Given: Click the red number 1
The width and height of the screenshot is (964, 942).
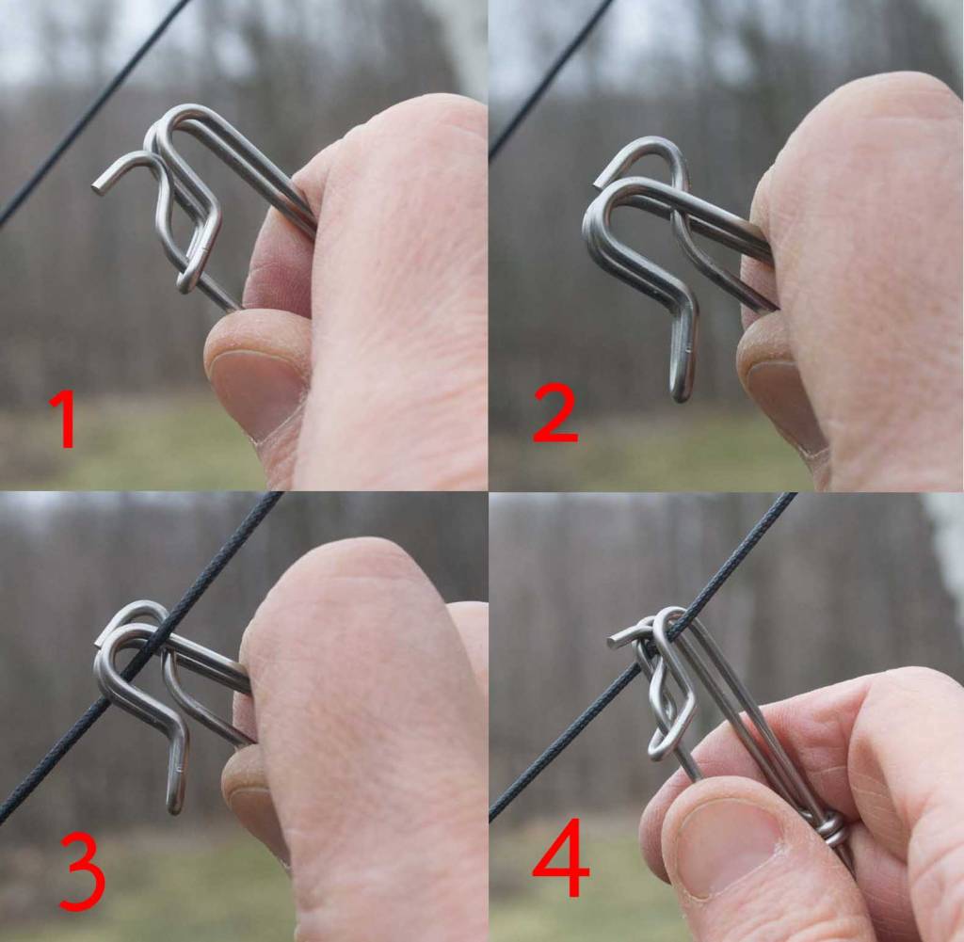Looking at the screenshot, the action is [x=65, y=421].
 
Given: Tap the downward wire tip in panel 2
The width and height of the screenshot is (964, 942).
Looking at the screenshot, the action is [x=681, y=393].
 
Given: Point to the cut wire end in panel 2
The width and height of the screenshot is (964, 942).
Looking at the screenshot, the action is [x=599, y=182].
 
